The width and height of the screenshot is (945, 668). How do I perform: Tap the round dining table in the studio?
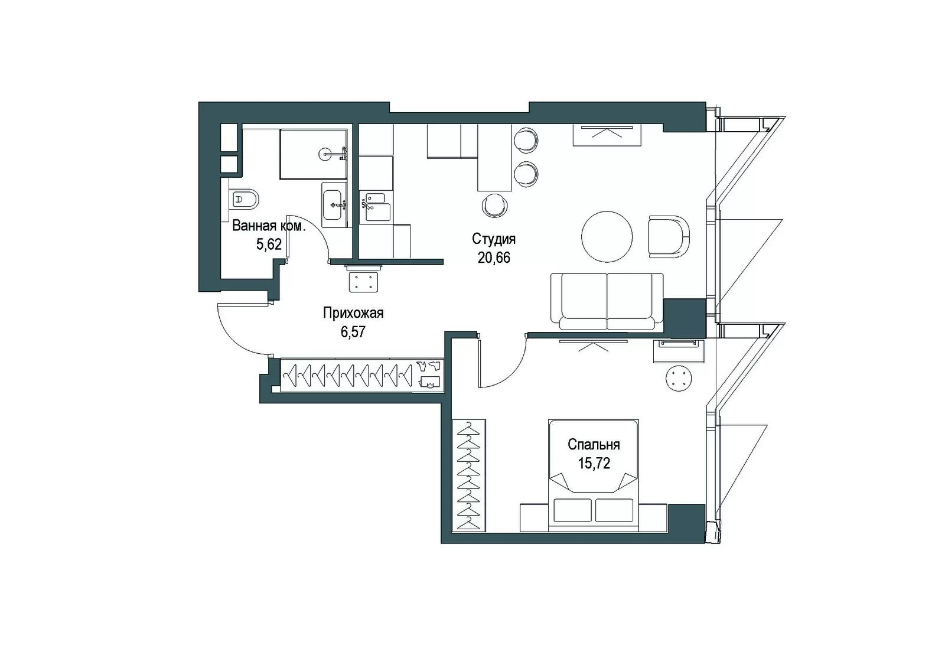[x=607, y=237]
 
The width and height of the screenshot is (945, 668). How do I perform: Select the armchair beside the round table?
[x=669, y=236]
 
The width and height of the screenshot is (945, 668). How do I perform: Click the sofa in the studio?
[x=607, y=301]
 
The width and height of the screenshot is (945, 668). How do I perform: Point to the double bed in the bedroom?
[x=593, y=475]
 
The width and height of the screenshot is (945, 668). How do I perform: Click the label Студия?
[x=494, y=239]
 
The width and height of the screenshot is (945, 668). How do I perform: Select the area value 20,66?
[x=494, y=258]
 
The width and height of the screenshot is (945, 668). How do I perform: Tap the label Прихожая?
[x=353, y=313]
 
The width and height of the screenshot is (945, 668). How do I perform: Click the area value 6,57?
[x=353, y=332]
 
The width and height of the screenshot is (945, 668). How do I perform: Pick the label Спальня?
[x=594, y=444]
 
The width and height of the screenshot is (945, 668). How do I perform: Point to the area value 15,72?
[x=594, y=463]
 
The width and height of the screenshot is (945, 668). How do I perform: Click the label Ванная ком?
[x=269, y=226]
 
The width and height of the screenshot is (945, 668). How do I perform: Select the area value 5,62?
[x=269, y=245]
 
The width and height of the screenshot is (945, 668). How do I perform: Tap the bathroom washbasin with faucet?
[x=333, y=205]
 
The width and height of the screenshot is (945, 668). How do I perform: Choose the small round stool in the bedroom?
[x=679, y=378]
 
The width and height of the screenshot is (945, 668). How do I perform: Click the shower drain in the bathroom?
[x=325, y=154]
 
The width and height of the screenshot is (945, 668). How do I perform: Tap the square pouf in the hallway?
[x=363, y=282]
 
